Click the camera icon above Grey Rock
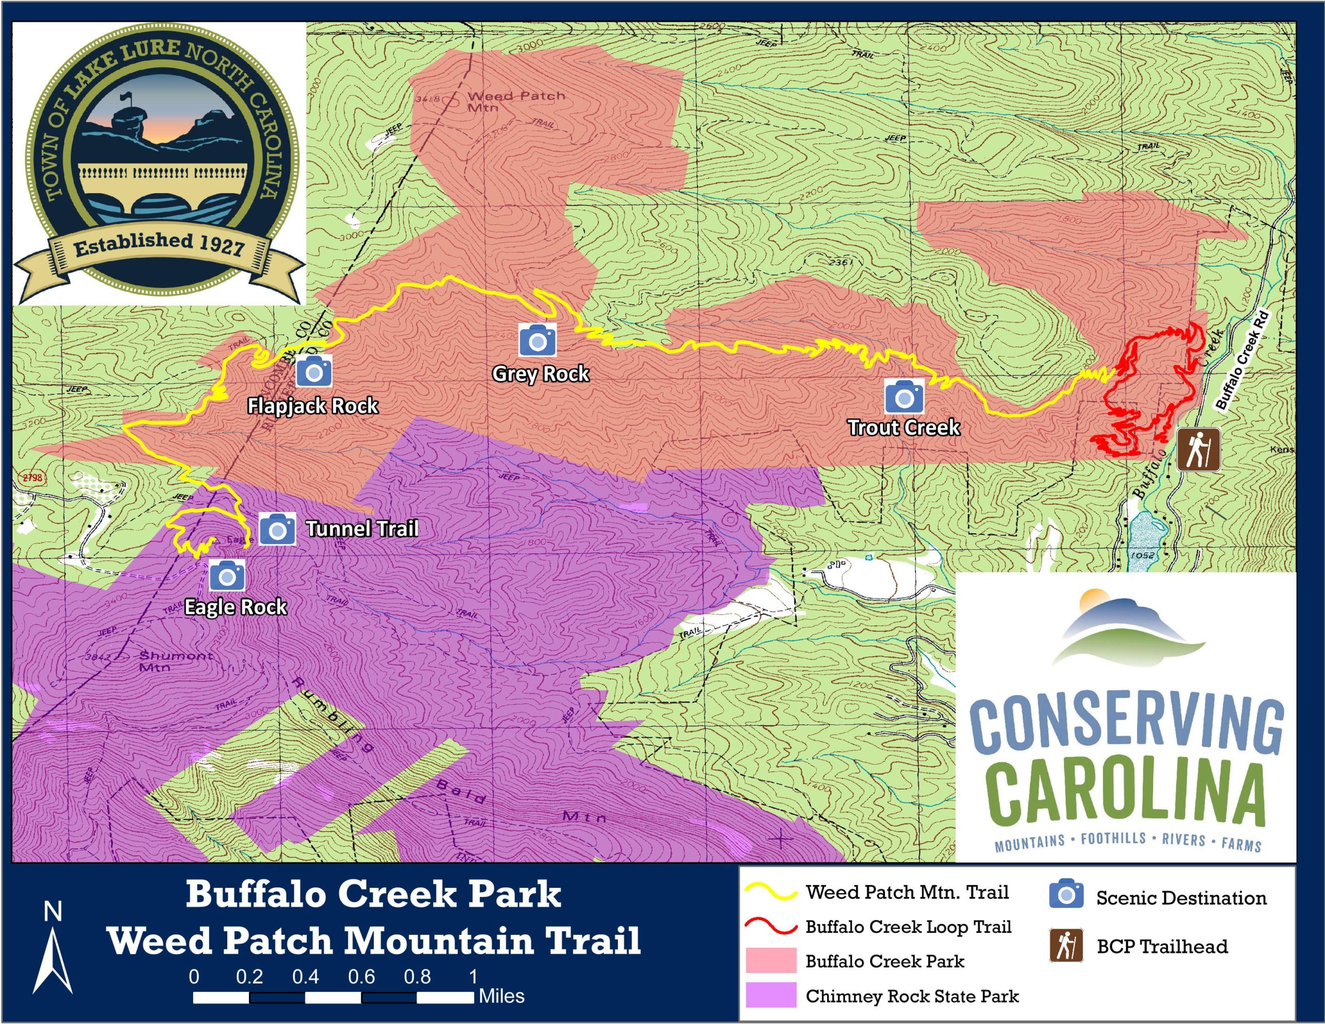point(538,340)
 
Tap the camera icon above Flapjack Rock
point(314,370)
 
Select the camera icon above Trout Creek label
point(904,397)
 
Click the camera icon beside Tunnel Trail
point(277,529)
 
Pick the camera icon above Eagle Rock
point(227,575)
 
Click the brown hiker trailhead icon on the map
point(1198,450)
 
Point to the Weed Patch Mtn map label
point(516,101)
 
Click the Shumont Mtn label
point(175,661)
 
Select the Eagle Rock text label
point(235,607)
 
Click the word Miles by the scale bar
point(501,996)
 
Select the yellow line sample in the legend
point(771,893)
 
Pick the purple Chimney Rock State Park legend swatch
point(771,996)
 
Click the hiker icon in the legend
point(1066,946)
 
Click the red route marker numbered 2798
point(32,477)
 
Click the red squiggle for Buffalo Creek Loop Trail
point(771,927)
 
